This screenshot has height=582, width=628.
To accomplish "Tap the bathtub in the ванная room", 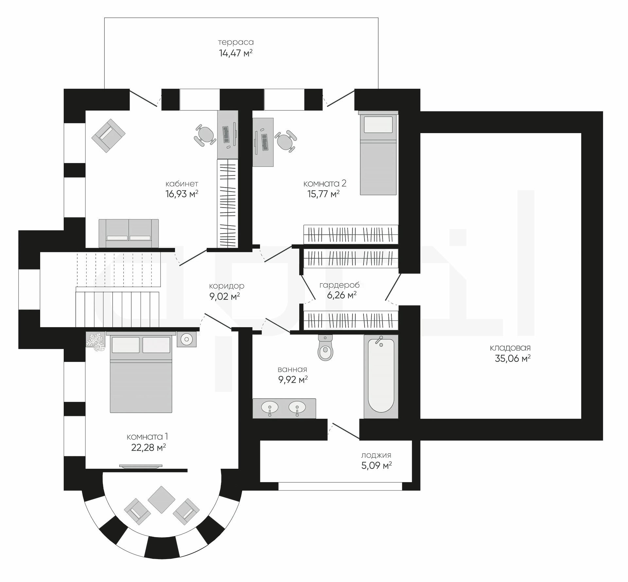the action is click(381, 376).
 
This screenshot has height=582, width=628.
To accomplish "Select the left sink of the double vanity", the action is click(270, 408).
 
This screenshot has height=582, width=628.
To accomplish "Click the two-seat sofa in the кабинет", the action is click(129, 233).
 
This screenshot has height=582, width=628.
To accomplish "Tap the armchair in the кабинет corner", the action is click(109, 135).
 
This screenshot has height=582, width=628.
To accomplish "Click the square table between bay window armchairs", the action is click(162, 500).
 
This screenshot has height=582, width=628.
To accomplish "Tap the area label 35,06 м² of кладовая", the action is click(513, 359).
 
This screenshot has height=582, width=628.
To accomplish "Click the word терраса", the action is click(236, 42).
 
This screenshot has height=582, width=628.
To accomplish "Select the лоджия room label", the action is click(376, 455).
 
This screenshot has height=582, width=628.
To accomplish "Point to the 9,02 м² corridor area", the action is click(225, 296).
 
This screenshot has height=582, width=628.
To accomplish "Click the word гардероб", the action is click(340, 285).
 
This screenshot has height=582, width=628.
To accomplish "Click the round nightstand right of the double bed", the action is click(187, 339).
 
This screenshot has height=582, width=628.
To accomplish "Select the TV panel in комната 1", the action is click(141, 467).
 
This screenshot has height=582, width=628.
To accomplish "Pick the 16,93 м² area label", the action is click(182, 194).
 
